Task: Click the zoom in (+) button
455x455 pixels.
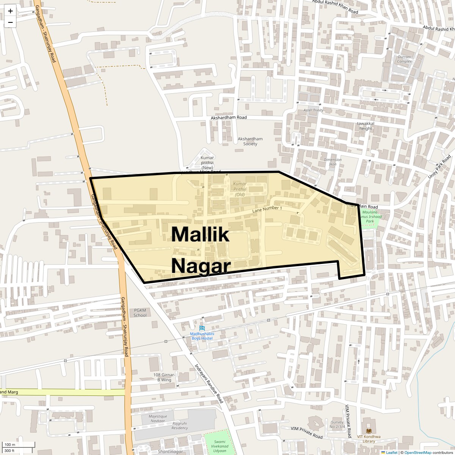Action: point(10,11)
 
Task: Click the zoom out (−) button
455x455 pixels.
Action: point(10,22)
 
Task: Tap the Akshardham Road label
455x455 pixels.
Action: point(229,118)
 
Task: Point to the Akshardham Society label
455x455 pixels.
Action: point(250,141)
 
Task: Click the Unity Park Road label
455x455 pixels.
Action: point(439,166)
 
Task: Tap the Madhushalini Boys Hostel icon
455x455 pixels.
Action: point(202,328)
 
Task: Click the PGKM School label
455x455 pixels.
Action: point(140,313)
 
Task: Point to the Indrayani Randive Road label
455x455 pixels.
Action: point(209,384)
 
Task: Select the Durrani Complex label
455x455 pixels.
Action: point(405,59)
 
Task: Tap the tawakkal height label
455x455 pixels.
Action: point(366,126)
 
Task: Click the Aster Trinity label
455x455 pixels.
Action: point(313,110)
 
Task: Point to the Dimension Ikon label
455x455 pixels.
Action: point(333,162)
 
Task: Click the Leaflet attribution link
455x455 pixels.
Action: point(392,452)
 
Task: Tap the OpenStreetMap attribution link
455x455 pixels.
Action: point(418,452)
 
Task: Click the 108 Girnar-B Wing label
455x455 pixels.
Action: point(164,377)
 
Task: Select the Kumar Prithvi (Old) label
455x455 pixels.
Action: point(240,189)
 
